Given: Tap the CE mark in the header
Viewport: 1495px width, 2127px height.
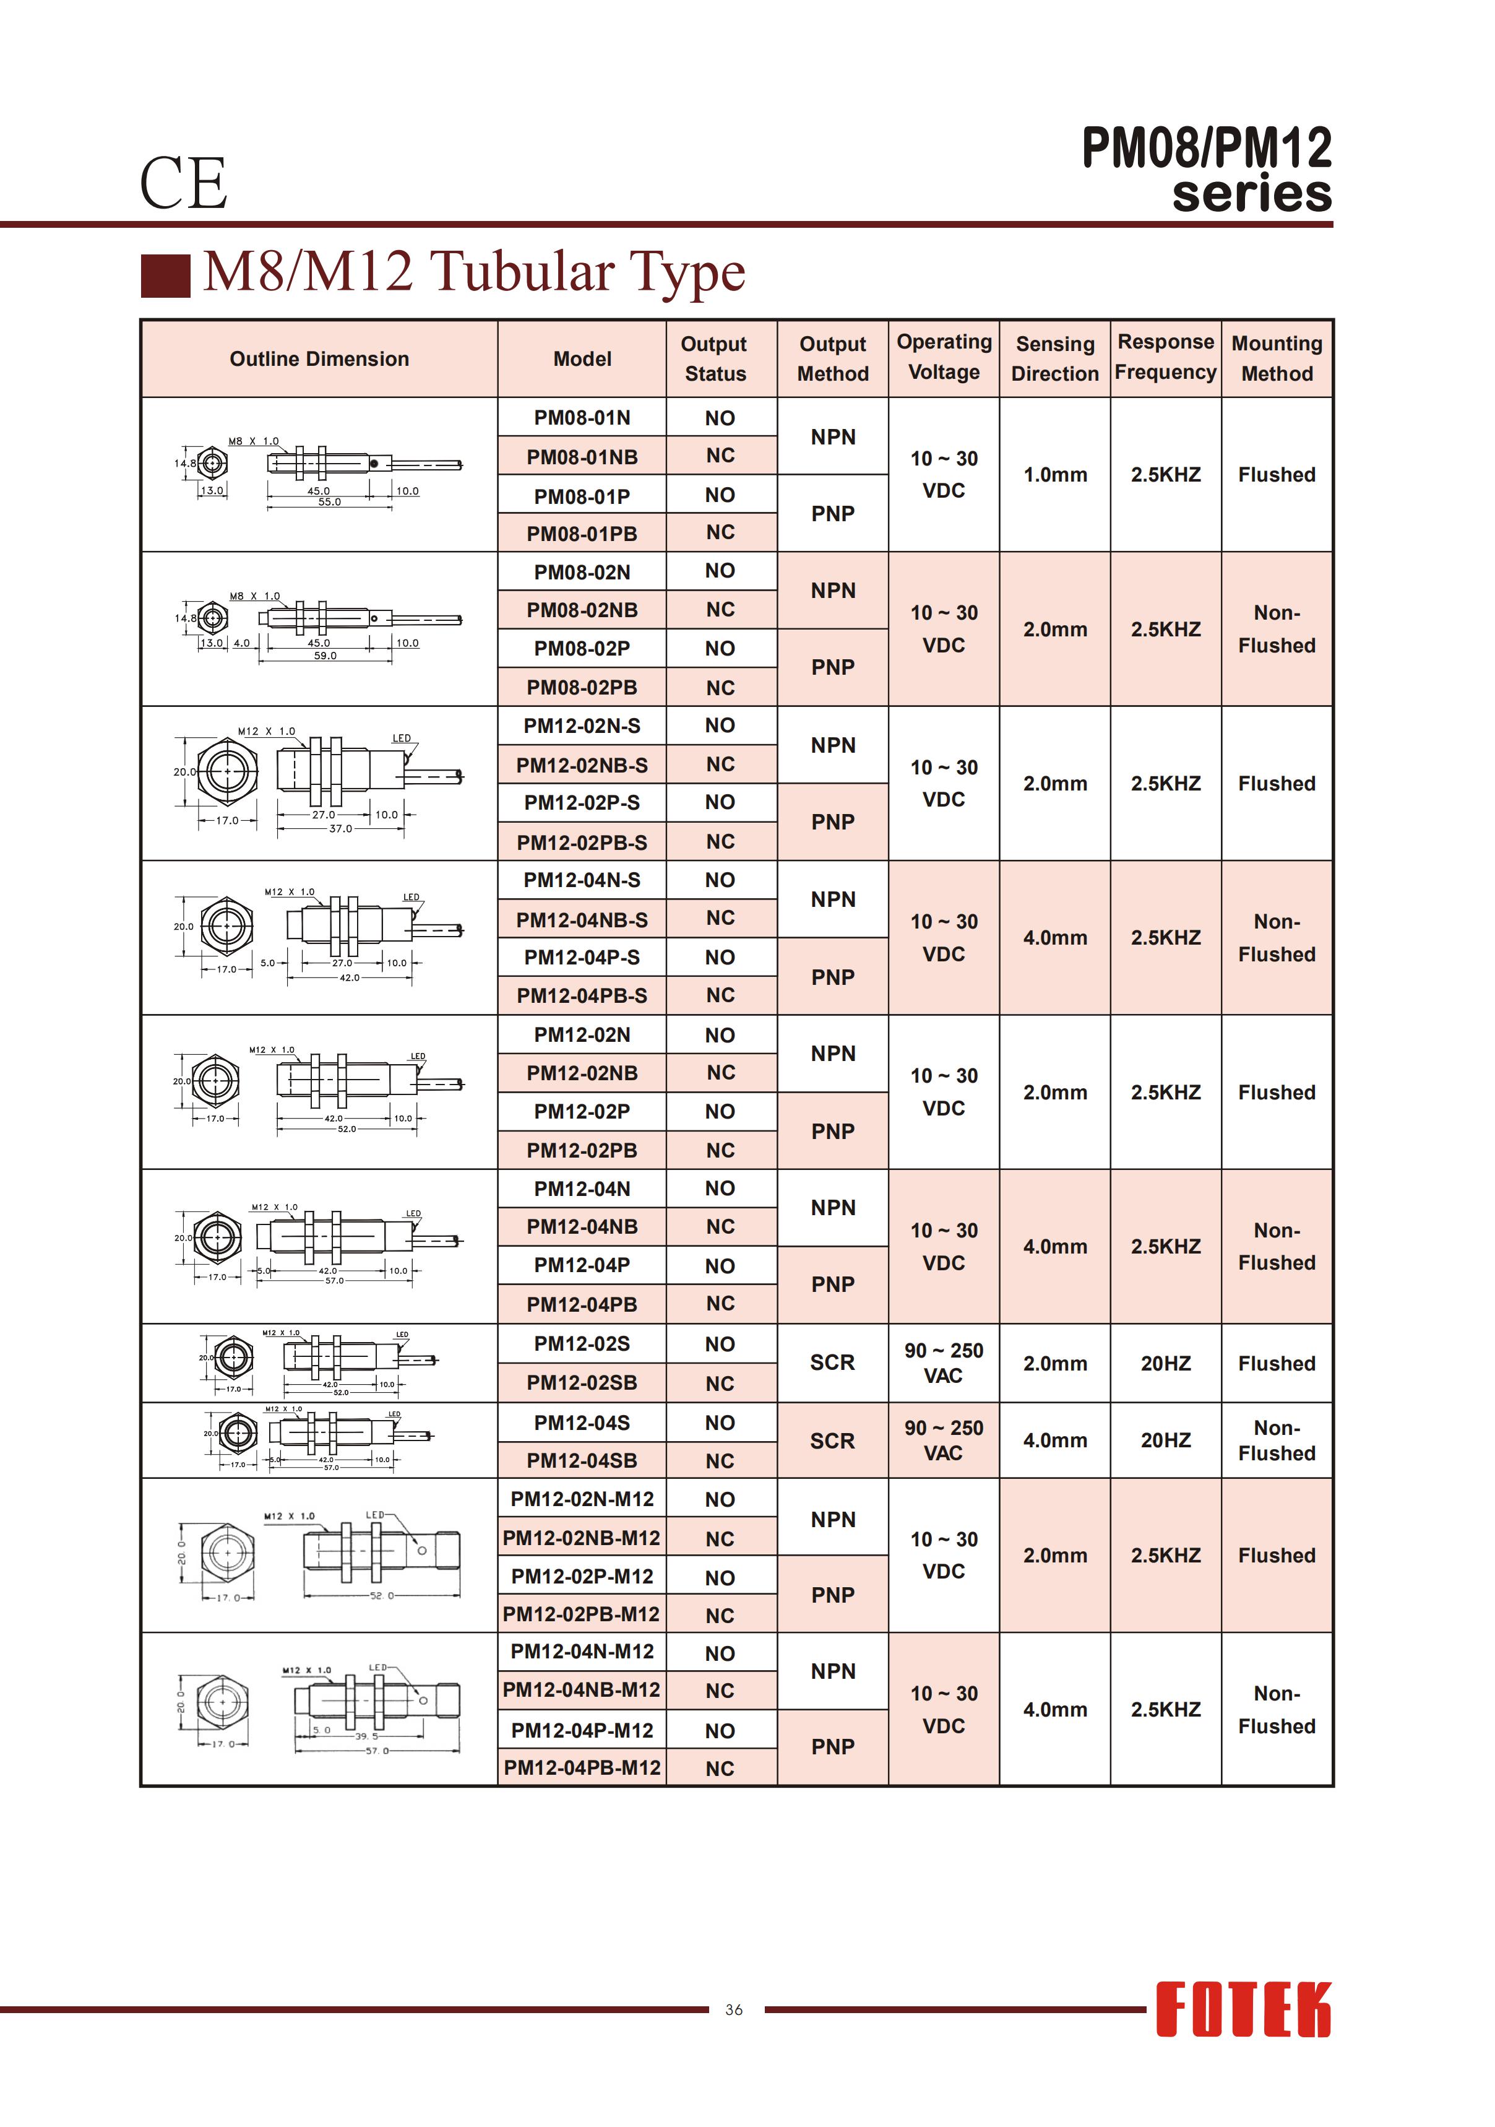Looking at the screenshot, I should pos(183,183).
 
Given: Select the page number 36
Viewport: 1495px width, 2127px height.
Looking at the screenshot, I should pos(734,2009).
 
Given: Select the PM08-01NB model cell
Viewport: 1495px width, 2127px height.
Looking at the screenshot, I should pos(582,457).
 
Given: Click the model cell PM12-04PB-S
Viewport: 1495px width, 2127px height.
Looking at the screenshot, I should pos(582,996).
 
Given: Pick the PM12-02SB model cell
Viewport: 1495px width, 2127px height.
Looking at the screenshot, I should pos(582,1382).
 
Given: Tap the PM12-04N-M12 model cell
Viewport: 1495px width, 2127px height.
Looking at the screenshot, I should pos(582,1652).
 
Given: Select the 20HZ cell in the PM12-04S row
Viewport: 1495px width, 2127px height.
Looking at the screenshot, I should pos(1165,1440).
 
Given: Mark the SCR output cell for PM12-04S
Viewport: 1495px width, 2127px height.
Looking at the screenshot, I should pos(832,1440).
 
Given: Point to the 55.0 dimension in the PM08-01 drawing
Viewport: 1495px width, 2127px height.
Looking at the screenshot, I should pos(330,502).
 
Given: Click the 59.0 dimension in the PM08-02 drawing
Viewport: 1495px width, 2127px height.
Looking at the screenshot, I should pos(325,656).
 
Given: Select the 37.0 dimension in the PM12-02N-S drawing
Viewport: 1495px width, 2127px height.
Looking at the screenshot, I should pos(341,828).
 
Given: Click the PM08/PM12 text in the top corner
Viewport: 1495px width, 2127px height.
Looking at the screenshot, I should pos(1206,148).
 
